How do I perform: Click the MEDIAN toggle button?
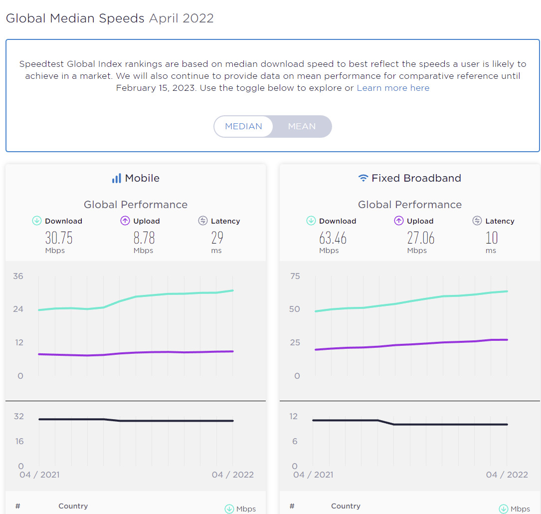pyautogui.click(x=243, y=126)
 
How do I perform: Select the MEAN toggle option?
pyautogui.click(x=302, y=126)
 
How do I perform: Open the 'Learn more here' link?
pyautogui.click(x=393, y=88)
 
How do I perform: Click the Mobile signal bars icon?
pyautogui.click(x=117, y=178)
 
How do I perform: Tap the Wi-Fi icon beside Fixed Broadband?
pyautogui.click(x=363, y=178)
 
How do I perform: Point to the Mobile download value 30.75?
pyautogui.click(x=59, y=238)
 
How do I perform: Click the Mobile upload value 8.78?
pyautogui.click(x=144, y=238)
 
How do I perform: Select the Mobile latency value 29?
pyautogui.click(x=217, y=238)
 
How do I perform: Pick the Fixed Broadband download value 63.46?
pyautogui.click(x=333, y=238)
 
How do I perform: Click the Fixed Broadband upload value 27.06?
pyautogui.click(x=420, y=238)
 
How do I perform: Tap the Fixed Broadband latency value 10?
pyautogui.click(x=491, y=238)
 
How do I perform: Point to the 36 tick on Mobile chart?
pyautogui.click(x=18, y=276)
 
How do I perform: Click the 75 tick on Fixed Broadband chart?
pyautogui.click(x=295, y=276)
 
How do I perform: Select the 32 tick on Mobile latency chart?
pyautogui.click(x=18, y=416)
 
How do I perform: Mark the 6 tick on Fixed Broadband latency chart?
pyautogui.click(x=295, y=441)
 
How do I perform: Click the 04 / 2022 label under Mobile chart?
pyautogui.click(x=232, y=475)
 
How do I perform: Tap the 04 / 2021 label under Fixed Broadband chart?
pyautogui.click(x=313, y=475)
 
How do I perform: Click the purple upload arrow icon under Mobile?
pyautogui.click(x=125, y=221)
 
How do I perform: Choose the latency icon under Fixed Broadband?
pyautogui.click(x=477, y=221)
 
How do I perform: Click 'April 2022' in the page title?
pyautogui.click(x=181, y=18)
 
